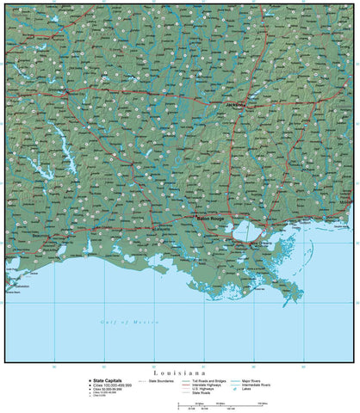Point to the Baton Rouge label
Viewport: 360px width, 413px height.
tap(210, 219)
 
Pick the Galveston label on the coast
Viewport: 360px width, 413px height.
tap(19, 286)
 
